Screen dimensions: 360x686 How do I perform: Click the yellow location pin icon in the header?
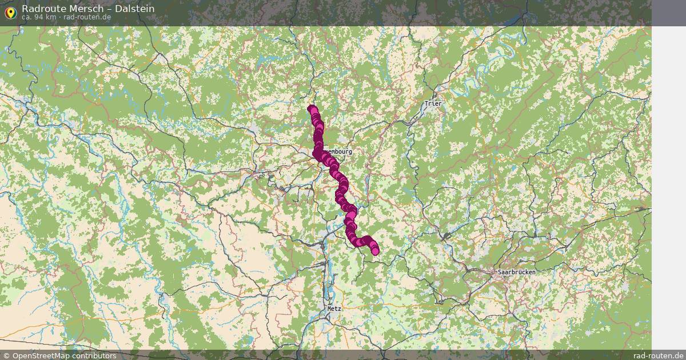(10, 12)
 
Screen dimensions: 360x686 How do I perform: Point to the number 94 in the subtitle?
(38, 17)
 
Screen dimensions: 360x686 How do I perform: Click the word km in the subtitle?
(51, 17)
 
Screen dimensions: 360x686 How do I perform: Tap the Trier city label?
(433, 104)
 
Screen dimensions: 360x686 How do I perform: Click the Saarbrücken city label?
(516, 272)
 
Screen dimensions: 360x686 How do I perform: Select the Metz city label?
(334, 309)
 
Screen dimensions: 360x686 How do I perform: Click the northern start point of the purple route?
(312, 109)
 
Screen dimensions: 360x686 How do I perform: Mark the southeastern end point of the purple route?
(375, 251)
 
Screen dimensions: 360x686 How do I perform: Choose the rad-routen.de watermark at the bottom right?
(658, 355)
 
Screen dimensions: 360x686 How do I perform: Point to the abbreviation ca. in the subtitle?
(26, 17)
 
